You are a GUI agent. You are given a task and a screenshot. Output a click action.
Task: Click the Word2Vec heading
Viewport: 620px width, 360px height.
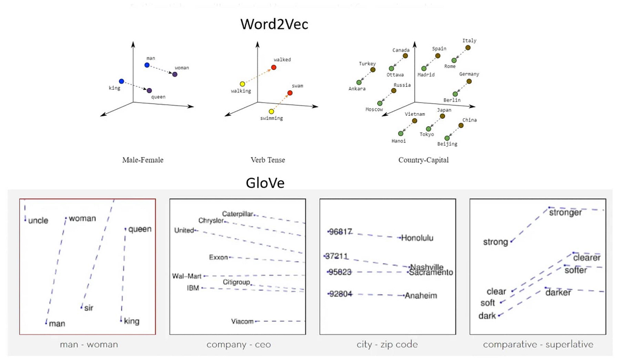[x=274, y=24]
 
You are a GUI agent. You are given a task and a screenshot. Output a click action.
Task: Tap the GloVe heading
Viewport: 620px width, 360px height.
[x=265, y=183]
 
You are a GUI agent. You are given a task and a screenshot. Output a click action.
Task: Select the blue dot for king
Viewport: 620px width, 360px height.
[x=121, y=81]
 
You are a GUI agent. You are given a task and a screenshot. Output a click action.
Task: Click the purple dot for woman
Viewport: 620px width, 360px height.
[x=175, y=74]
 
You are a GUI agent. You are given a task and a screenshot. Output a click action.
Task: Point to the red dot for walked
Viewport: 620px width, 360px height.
[x=274, y=68]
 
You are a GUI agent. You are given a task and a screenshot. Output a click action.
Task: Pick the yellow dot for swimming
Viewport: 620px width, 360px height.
[x=271, y=111]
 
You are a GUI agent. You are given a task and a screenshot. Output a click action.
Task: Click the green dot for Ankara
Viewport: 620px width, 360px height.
[x=359, y=83]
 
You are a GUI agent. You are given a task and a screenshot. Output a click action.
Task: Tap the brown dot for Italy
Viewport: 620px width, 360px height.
[x=468, y=48]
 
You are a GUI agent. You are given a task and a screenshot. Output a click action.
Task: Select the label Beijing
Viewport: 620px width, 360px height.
[x=447, y=144]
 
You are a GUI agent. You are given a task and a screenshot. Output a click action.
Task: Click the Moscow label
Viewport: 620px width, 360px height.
[x=374, y=110]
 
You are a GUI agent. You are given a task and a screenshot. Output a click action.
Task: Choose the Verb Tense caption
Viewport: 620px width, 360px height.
[x=267, y=160]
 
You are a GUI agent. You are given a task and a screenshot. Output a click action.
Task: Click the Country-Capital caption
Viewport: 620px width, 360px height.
[x=423, y=160]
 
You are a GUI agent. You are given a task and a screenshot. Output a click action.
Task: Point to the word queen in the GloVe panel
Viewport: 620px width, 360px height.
[x=140, y=229]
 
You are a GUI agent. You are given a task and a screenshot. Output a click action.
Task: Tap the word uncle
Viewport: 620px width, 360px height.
[x=38, y=220]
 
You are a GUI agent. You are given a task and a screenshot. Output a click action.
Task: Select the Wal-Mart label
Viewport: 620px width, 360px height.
[x=187, y=276]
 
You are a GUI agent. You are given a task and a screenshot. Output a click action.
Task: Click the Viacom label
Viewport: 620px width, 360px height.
[x=242, y=321]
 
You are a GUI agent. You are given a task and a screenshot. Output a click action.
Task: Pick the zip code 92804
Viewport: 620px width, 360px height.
[x=341, y=294]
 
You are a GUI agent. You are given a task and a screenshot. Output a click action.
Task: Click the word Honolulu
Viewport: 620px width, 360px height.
[x=417, y=238]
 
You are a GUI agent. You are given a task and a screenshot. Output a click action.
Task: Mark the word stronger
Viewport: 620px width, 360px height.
[x=565, y=212]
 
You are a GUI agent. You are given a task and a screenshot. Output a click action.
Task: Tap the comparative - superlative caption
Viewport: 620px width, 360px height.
[x=538, y=345]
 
